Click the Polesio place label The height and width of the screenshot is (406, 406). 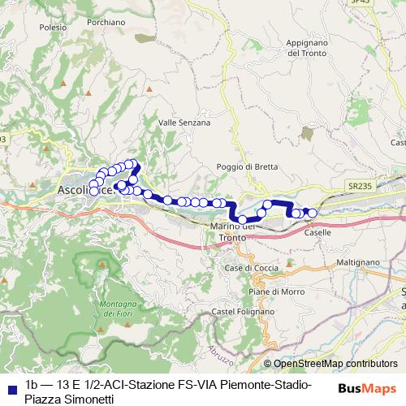click(x=52, y=27)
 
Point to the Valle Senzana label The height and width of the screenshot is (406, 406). click(x=184, y=123)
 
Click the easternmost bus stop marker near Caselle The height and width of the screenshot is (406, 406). click(x=312, y=213)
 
